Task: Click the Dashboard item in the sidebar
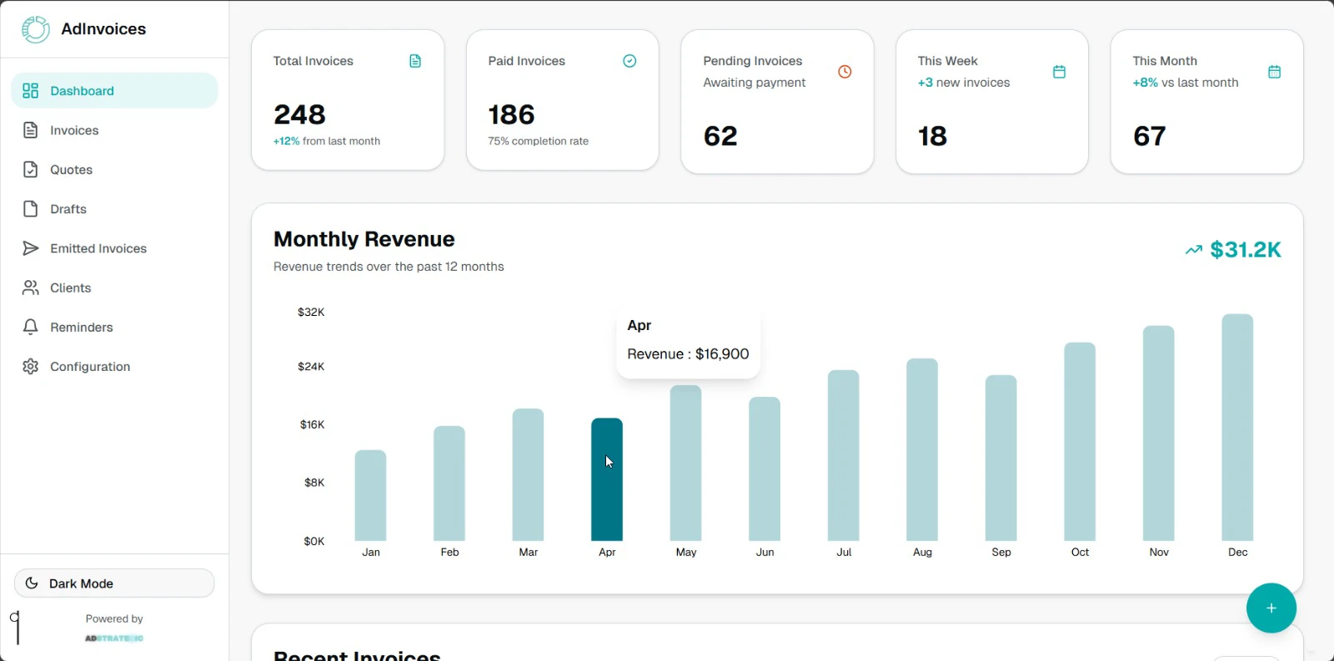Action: pos(82,91)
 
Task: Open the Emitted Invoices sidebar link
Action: pos(98,248)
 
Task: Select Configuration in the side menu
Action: pos(89,367)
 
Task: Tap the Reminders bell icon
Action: pos(31,327)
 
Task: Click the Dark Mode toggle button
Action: pos(114,583)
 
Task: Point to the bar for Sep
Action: pos(1000,458)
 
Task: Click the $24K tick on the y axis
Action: pos(311,367)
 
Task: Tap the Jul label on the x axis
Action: pos(844,553)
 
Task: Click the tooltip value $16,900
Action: pos(722,354)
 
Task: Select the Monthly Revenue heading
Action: pos(364,240)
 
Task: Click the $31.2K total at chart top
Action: pos(1245,250)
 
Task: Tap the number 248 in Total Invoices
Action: pos(299,114)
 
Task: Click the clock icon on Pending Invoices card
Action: pos(845,72)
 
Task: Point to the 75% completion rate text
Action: pos(538,142)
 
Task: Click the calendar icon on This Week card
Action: pos(1059,72)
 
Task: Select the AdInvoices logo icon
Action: pos(36,29)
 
